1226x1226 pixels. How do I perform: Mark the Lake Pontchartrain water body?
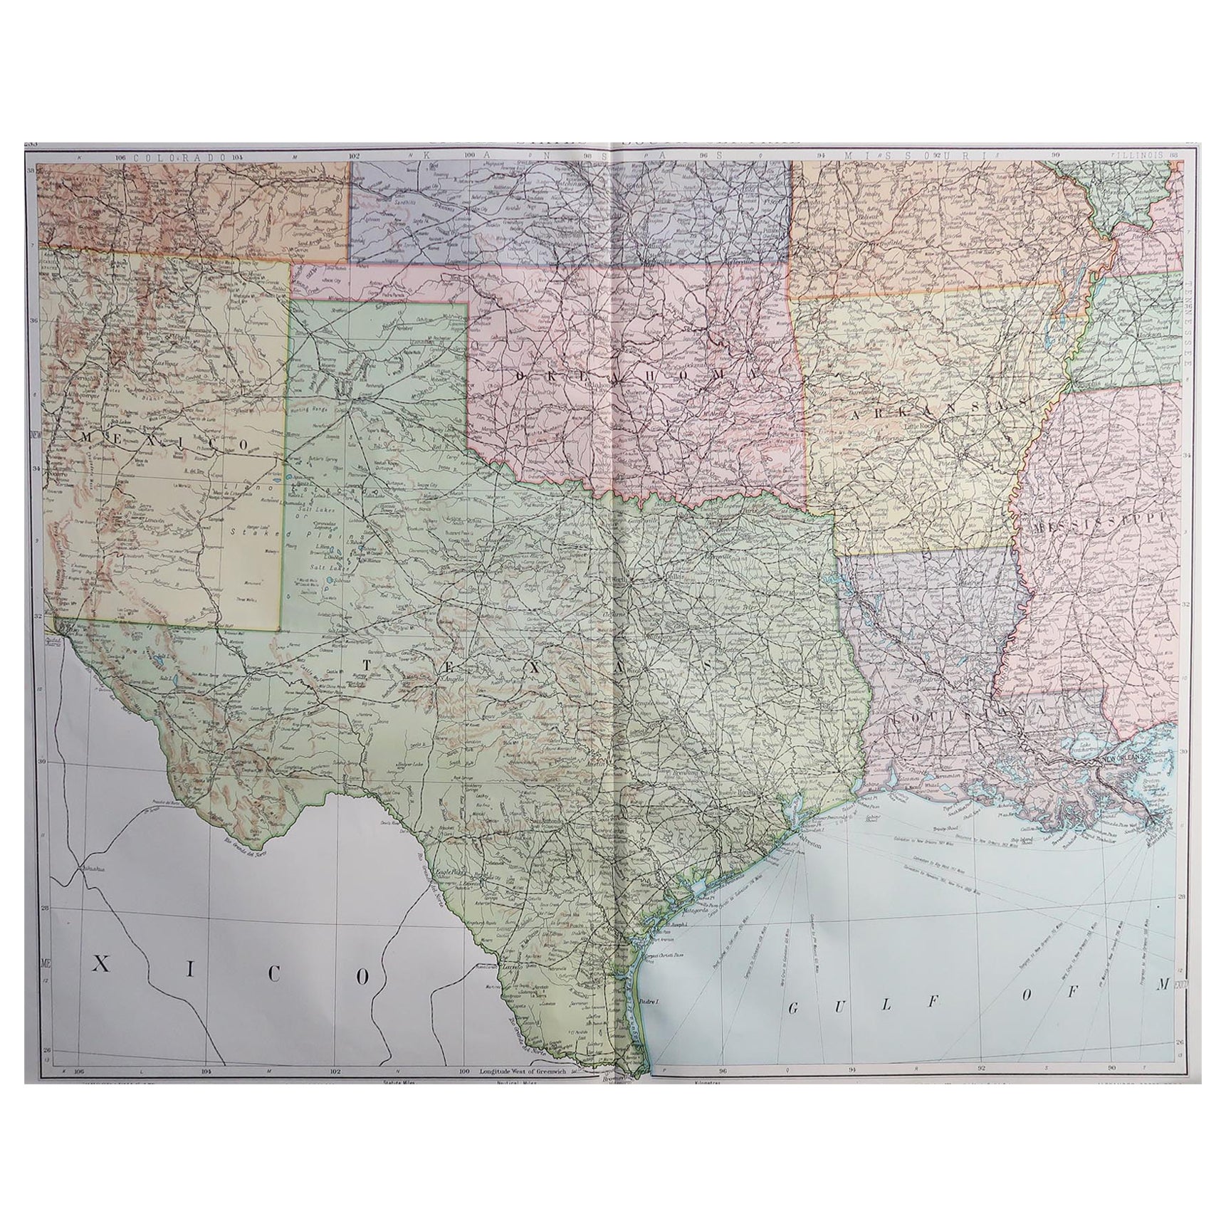coord(1085,745)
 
